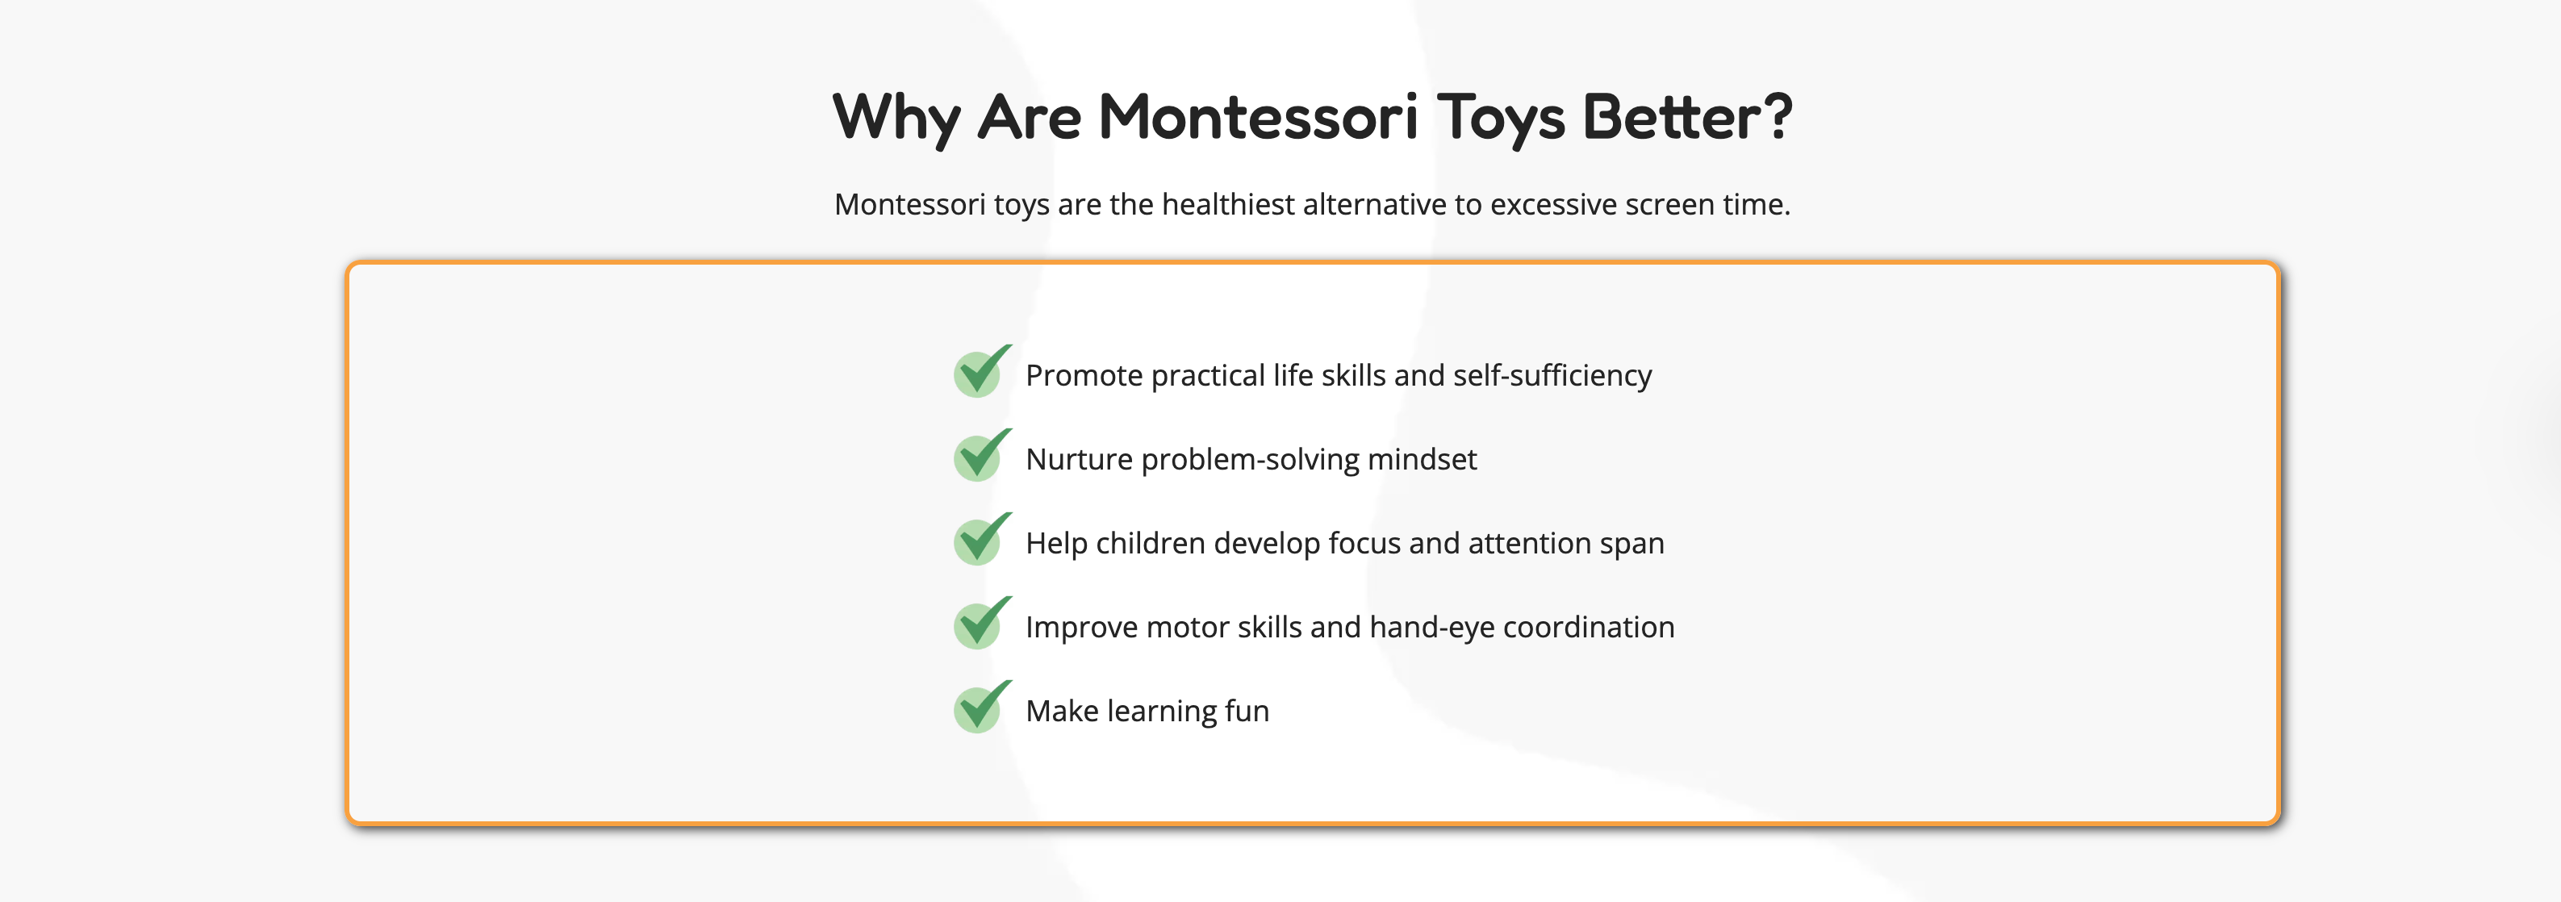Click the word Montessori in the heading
tap(1258, 116)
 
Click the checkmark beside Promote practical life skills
tap(982, 371)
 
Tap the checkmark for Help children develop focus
tap(982, 538)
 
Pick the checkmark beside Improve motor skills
tap(982, 623)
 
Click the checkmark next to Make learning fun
tap(982, 706)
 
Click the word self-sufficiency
tap(1552, 376)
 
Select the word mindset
tap(1422, 459)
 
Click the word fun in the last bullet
tap(1247, 711)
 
